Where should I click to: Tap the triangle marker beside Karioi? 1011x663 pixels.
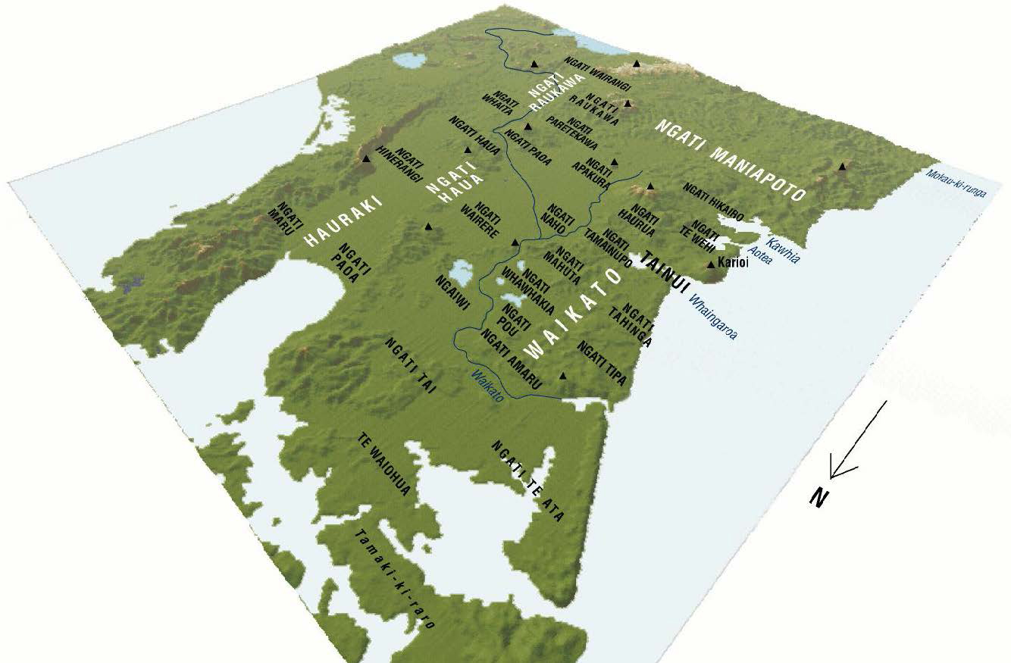[x=710, y=264]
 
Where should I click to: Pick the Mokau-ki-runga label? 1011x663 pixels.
[x=956, y=183]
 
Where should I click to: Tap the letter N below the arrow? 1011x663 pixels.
[x=818, y=497]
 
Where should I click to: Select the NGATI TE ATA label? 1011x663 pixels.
[x=527, y=482]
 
